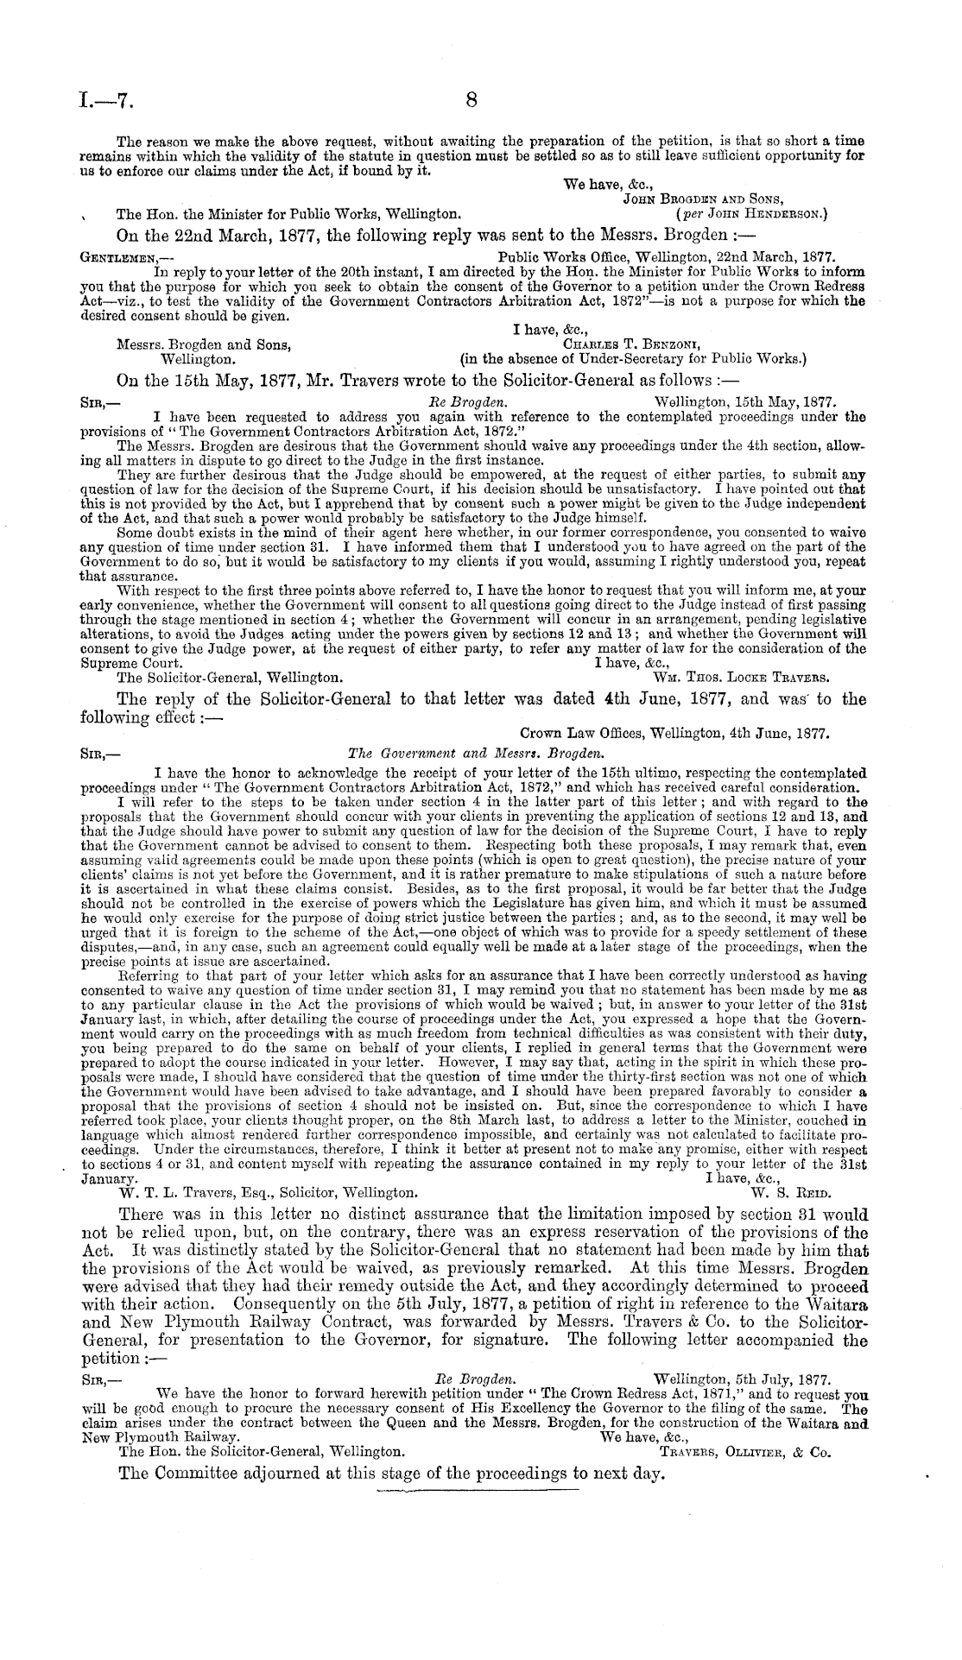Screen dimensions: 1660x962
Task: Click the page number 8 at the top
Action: (x=472, y=100)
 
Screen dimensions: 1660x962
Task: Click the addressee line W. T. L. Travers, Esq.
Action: (x=269, y=1193)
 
